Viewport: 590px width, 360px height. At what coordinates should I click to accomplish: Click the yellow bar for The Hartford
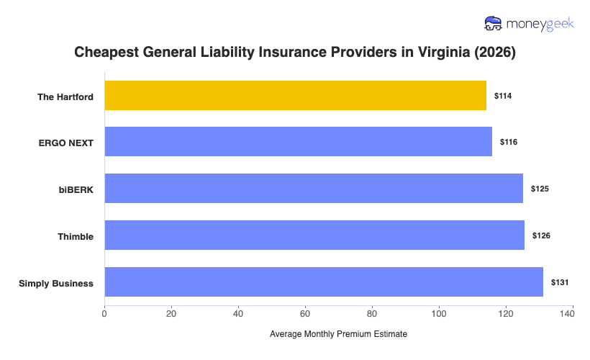coord(295,96)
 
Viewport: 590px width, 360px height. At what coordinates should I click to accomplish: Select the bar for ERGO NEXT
coord(298,142)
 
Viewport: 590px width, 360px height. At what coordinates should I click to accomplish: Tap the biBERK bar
coord(314,189)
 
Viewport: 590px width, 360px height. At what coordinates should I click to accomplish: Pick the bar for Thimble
coord(314,235)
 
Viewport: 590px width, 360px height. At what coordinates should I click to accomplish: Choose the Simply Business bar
coord(324,282)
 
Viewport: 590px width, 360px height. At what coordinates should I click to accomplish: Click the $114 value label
coord(503,96)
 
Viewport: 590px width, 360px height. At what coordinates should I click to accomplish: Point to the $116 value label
coord(509,142)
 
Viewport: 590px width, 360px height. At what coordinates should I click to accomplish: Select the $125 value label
coord(540,189)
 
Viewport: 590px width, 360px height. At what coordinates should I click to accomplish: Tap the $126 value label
coord(541,235)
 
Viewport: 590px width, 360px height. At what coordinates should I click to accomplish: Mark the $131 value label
coord(560,282)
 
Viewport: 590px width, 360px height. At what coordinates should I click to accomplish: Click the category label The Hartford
coord(65,96)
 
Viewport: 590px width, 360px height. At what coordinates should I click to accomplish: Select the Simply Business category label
coord(56,283)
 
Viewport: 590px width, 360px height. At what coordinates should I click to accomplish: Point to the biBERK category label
coord(76,189)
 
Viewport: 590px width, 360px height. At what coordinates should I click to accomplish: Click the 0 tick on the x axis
coord(105,313)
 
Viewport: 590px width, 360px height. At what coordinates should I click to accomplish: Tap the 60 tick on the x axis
coord(305,313)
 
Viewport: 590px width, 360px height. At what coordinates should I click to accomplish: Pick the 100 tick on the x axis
coord(439,313)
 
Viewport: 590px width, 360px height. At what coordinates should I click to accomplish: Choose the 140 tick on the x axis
coord(572,313)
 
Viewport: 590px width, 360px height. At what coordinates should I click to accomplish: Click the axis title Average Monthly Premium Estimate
coord(338,335)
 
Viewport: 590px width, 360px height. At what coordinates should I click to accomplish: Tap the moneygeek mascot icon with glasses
coord(494,24)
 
